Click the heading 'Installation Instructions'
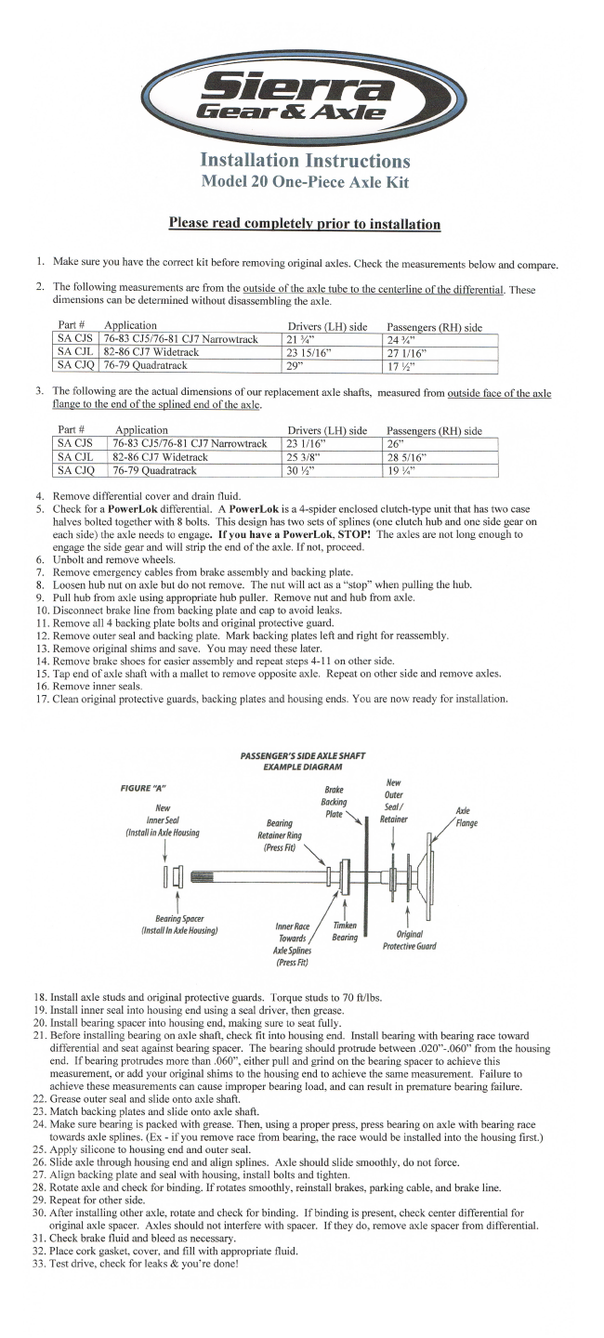[x=305, y=161]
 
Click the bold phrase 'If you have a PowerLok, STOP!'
[x=298, y=535]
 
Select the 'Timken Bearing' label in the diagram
[x=345, y=932]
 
